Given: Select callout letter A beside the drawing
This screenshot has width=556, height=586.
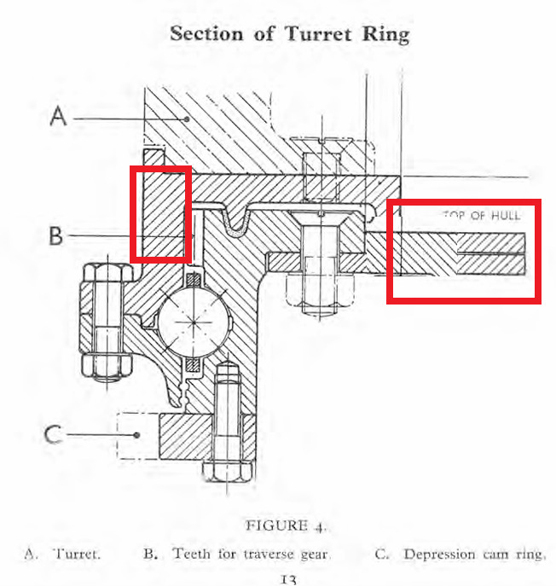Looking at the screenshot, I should point(58,115).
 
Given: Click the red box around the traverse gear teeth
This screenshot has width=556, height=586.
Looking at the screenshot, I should point(160,213).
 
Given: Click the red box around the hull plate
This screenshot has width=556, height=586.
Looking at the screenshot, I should point(464,251).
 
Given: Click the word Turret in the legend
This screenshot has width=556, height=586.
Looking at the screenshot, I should point(78,554).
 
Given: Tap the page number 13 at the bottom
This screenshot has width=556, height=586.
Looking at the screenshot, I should point(287,580).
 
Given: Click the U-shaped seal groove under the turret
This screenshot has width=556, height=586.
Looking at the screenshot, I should point(236,223).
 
